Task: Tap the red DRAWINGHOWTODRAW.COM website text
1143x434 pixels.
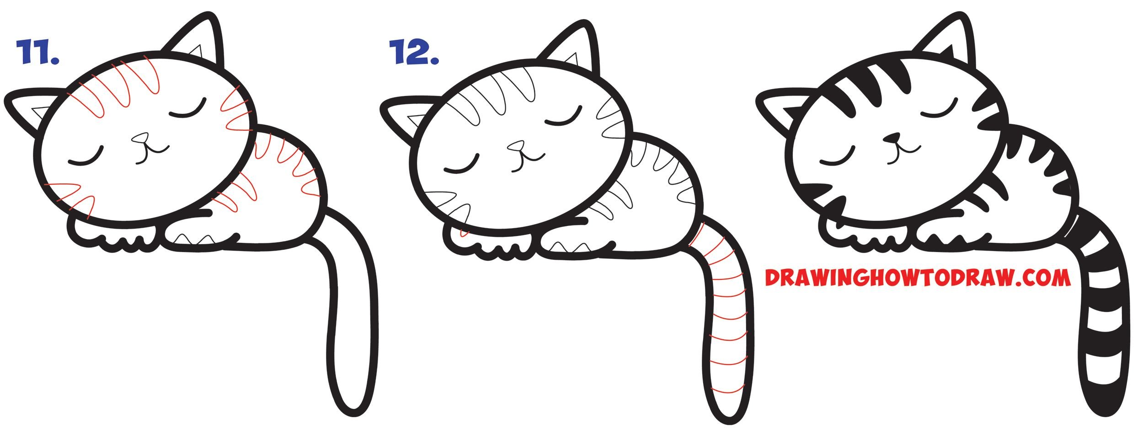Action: tap(918, 278)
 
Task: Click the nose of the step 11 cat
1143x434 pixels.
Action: tap(140, 138)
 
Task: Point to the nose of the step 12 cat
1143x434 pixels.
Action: tap(516, 146)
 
